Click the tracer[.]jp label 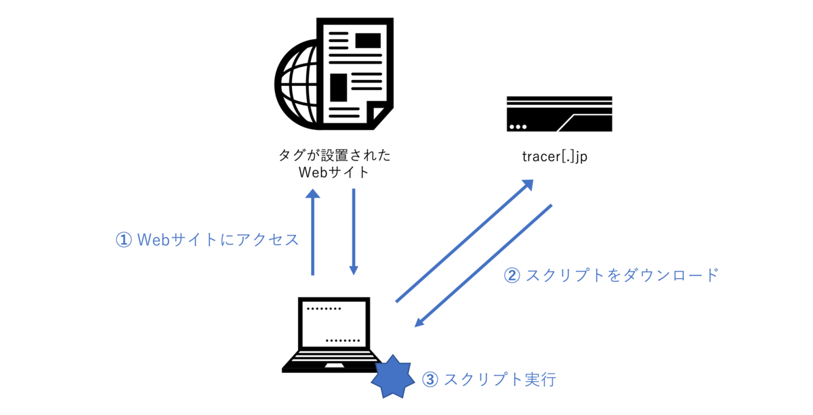point(555,156)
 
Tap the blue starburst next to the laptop point(393,377)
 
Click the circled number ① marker point(123,240)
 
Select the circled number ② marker point(512,276)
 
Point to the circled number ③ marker point(430,379)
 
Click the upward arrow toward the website point(312,232)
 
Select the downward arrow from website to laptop point(354,232)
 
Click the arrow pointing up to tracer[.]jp point(465,240)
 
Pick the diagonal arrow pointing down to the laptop point(484,265)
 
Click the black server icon point(560,114)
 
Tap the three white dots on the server point(518,127)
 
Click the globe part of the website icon point(296,84)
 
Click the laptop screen point(334,324)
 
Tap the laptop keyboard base point(332,362)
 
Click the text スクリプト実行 point(500,379)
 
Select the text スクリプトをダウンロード point(622,276)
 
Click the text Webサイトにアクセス point(217,240)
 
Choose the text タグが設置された point(334,155)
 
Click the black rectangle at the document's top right point(368,40)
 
